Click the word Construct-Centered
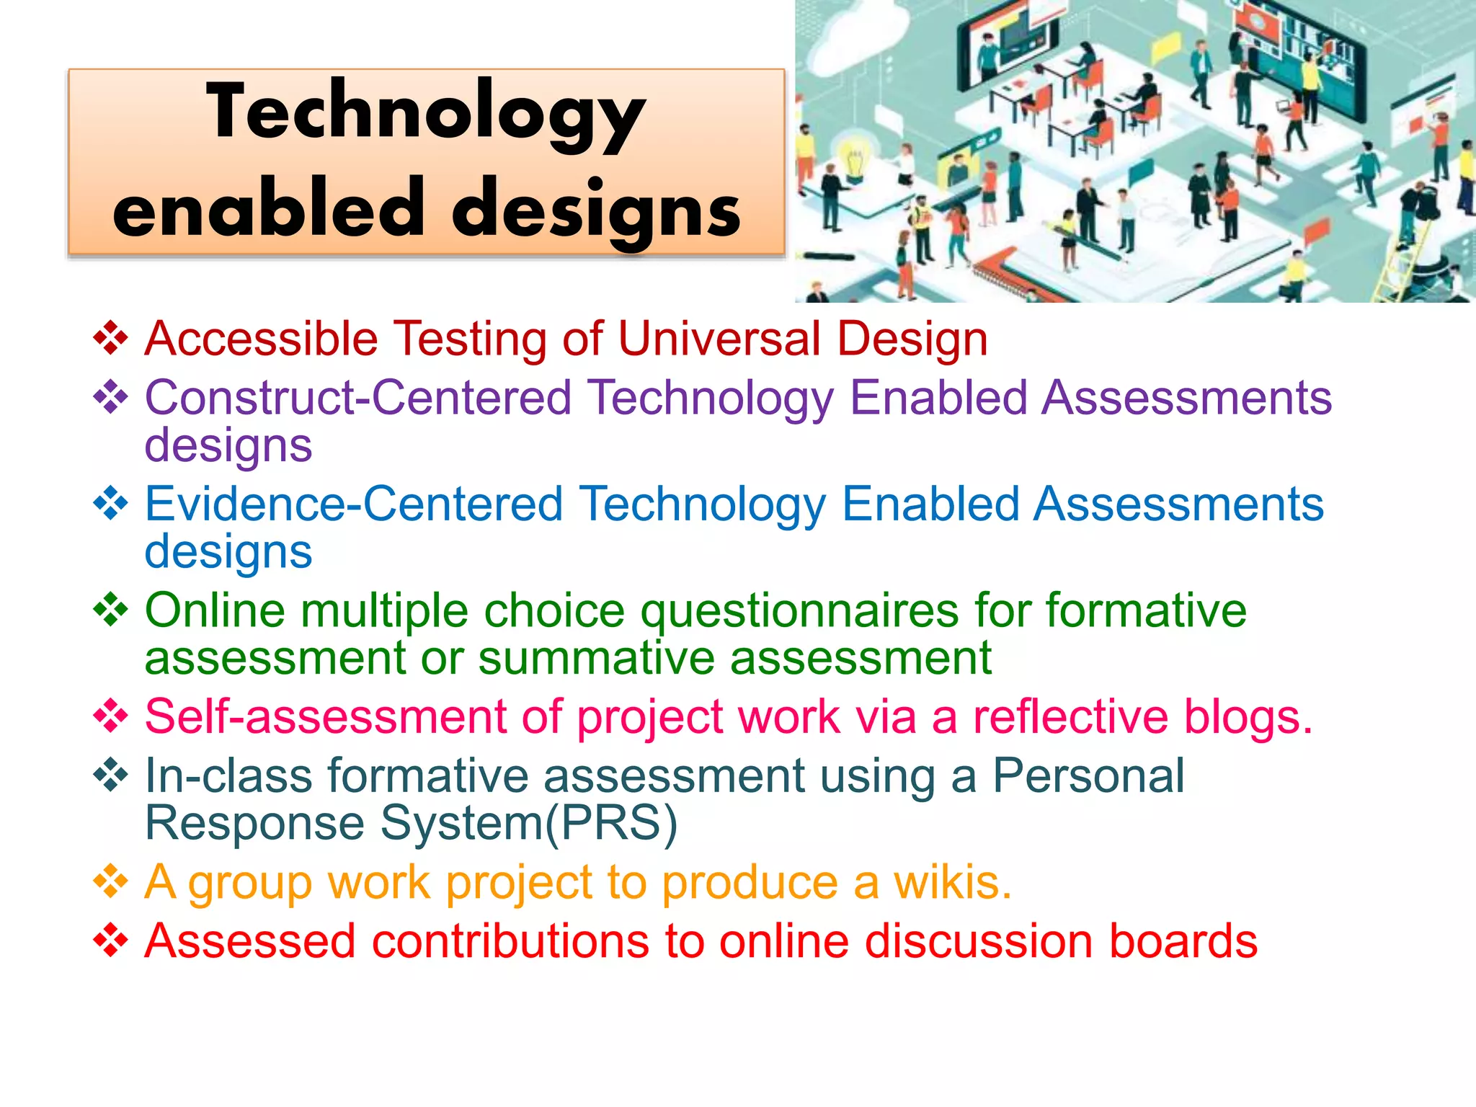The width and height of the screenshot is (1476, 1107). (358, 398)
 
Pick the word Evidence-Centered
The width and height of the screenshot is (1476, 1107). (353, 504)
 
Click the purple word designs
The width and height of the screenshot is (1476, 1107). (228, 445)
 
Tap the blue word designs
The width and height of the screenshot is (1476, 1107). (228, 551)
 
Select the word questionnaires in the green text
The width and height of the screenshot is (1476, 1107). (799, 611)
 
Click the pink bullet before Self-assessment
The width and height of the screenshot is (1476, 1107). (111, 716)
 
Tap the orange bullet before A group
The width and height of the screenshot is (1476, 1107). (111, 882)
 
